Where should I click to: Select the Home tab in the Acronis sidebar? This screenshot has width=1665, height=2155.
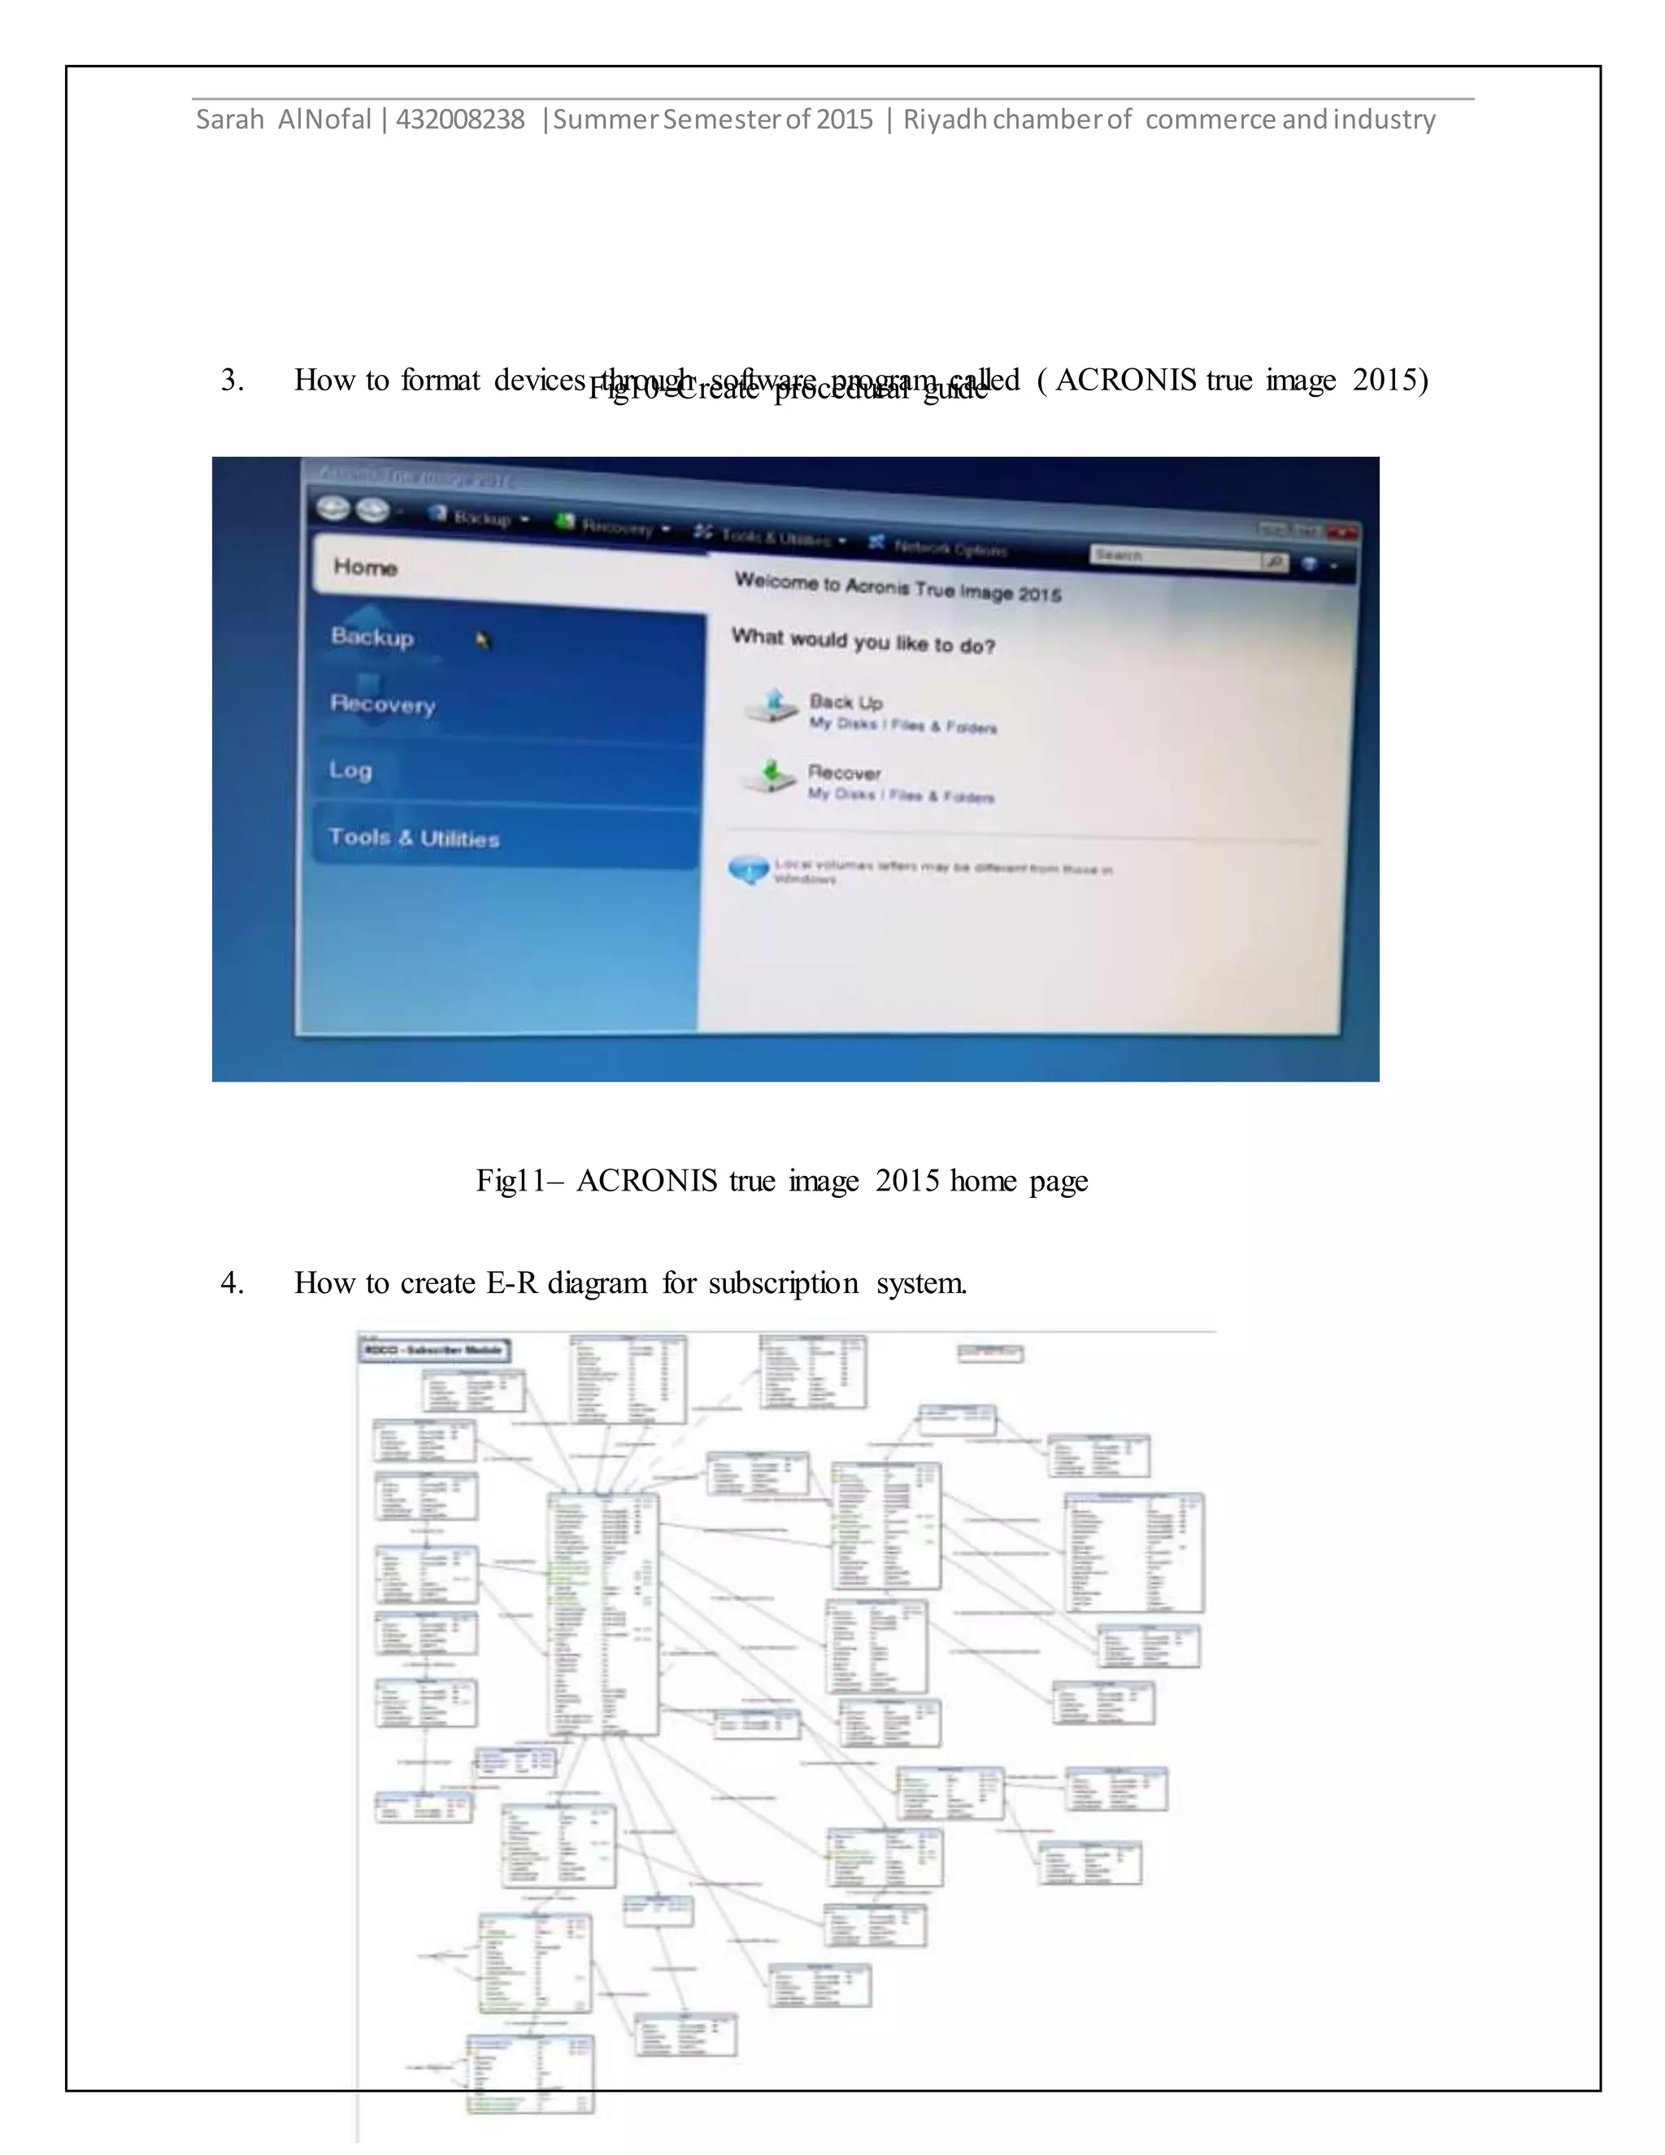tap(366, 568)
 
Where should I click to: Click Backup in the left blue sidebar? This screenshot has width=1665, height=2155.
tap(372, 638)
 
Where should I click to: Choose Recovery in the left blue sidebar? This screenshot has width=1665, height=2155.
tap(383, 703)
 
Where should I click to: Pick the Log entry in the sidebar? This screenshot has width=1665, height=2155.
tap(350, 769)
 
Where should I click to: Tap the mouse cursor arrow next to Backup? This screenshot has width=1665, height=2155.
tap(482, 640)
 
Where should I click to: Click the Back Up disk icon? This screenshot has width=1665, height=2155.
tap(772, 707)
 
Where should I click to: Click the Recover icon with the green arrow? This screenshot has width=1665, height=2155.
tap(769, 777)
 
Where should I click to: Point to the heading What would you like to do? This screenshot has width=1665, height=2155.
tap(863, 642)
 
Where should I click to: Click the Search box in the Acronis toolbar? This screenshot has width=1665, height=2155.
tap(1174, 558)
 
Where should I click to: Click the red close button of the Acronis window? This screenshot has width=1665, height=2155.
tap(1341, 533)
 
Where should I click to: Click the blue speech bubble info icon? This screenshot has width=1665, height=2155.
tap(749, 870)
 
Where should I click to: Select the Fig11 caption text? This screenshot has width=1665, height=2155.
tap(781, 1180)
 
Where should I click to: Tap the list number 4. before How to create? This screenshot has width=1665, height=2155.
tap(233, 1282)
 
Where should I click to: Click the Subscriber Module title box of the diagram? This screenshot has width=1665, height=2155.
tap(435, 1350)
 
